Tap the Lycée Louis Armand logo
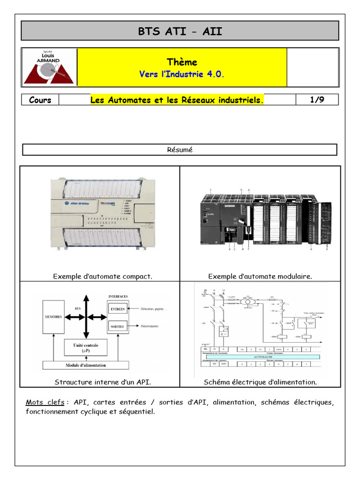click(x=49, y=67)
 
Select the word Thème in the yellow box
click(x=182, y=62)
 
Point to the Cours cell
click(x=40, y=100)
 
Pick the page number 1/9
click(x=317, y=100)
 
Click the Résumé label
click(x=180, y=150)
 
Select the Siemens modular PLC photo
click(x=265, y=218)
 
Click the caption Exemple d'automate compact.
click(x=103, y=277)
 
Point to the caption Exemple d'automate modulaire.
click(x=260, y=277)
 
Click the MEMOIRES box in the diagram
click(x=53, y=317)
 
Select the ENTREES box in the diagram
click(x=118, y=309)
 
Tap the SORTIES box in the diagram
click(x=117, y=326)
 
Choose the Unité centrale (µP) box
click(x=86, y=347)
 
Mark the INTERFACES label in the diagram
click(x=118, y=297)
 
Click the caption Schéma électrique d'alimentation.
click(x=260, y=382)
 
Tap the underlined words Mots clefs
click(x=45, y=402)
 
